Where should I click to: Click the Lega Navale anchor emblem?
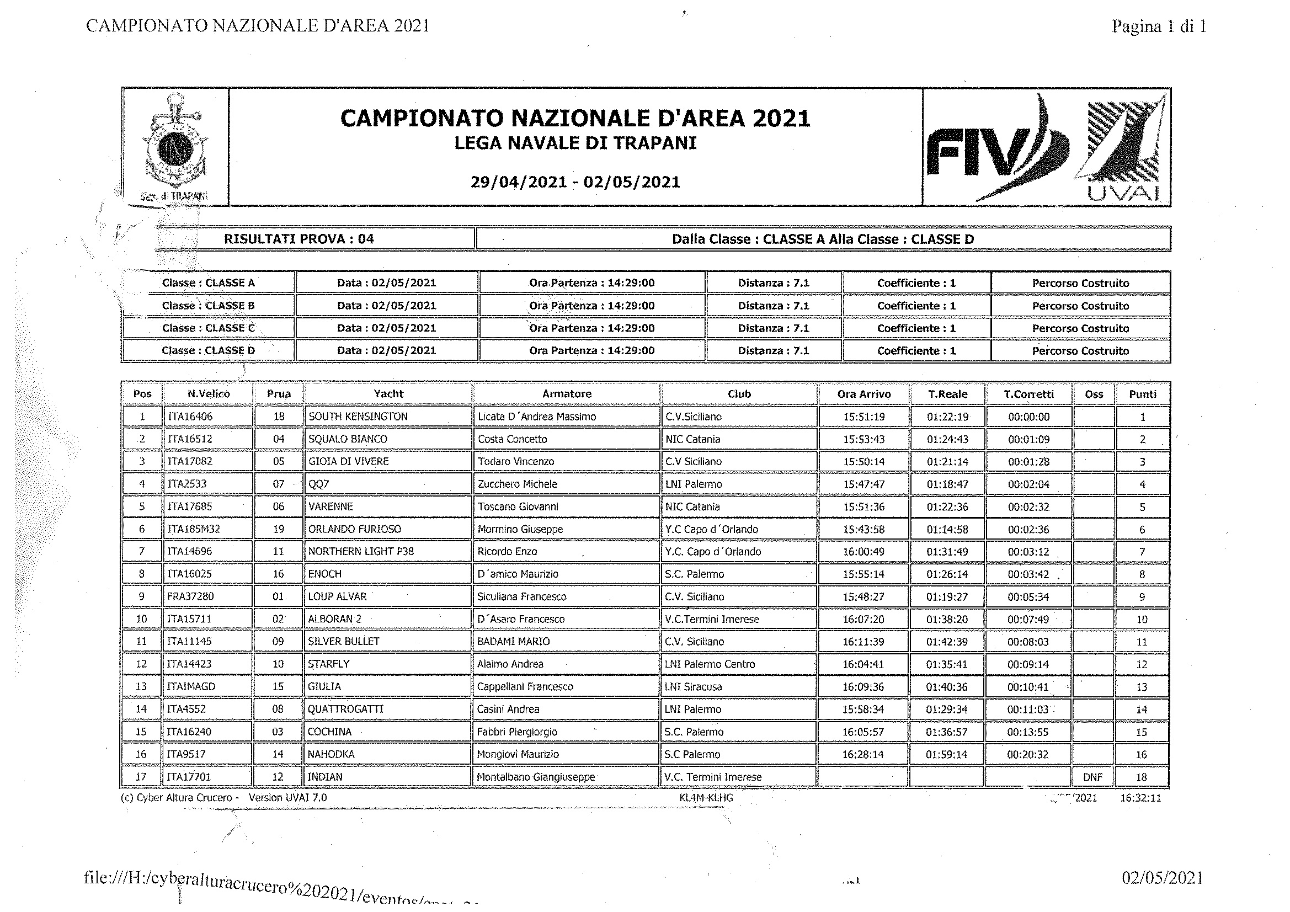(175, 146)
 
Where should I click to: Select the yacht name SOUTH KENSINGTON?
(358, 417)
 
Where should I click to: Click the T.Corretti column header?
(1028, 394)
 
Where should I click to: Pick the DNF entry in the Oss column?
(1092, 777)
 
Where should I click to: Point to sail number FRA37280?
(190, 596)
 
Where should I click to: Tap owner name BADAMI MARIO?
(513, 641)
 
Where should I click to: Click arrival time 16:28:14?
(863, 754)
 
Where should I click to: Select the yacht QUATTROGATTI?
(345, 709)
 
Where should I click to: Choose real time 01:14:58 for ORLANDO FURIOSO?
(947, 529)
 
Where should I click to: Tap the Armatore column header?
(566, 394)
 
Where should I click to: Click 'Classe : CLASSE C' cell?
(208, 328)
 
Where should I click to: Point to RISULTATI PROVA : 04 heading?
(299, 239)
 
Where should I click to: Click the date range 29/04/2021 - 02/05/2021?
(575, 182)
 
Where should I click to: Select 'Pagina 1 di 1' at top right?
(1159, 26)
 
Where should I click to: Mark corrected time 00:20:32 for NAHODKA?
(1027, 755)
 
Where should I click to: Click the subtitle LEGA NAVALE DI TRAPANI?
(575, 143)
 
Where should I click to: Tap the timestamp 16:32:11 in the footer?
(1140, 798)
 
